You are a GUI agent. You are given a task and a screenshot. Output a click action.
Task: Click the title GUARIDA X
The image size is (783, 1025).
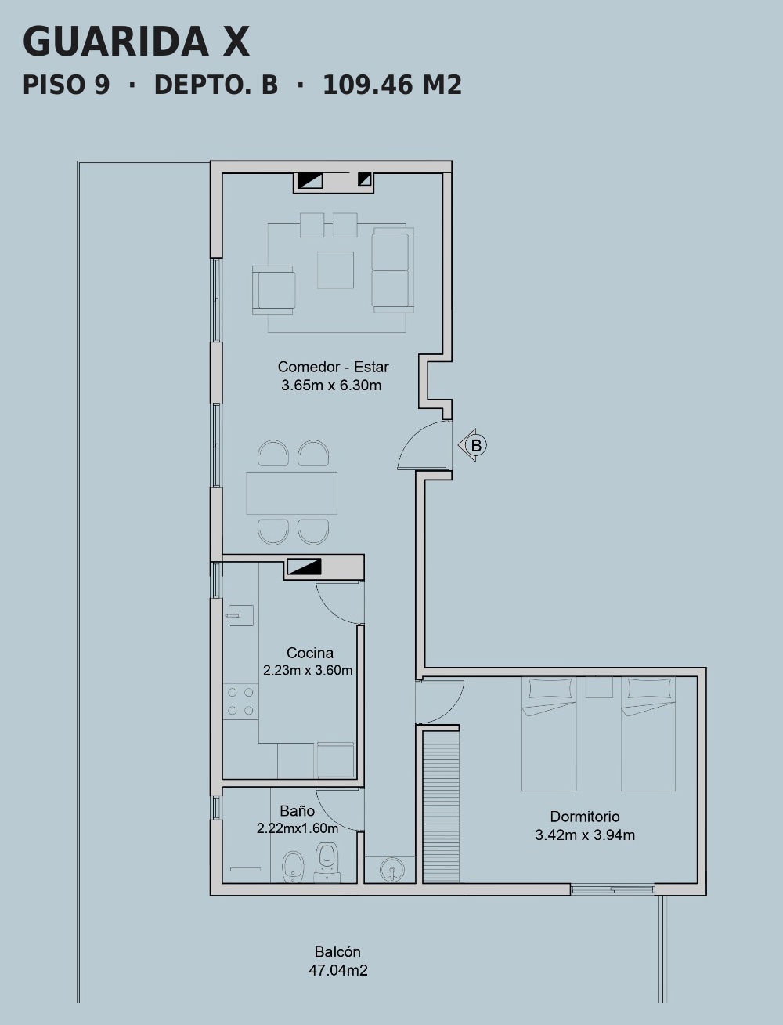[135, 42]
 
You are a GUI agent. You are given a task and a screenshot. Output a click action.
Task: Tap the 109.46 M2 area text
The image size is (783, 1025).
[392, 85]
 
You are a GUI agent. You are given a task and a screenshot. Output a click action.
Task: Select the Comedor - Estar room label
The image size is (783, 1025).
[334, 367]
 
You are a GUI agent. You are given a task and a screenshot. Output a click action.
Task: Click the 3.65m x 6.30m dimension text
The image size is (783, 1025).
[331, 386]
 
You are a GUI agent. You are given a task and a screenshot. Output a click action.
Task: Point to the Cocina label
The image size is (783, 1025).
[310, 652]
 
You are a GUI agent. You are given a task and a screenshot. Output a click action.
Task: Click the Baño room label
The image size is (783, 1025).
[298, 810]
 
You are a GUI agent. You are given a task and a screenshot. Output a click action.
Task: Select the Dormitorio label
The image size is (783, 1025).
[585, 817]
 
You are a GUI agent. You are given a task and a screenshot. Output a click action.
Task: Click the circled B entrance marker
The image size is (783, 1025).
[475, 445]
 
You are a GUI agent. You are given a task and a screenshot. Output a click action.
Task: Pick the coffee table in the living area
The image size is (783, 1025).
[335, 270]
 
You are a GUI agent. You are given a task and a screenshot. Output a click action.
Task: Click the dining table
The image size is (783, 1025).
[291, 493]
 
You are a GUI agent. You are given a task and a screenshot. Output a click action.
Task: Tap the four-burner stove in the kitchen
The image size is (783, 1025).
[241, 701]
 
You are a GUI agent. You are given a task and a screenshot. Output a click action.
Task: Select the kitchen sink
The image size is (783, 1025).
[240, 615]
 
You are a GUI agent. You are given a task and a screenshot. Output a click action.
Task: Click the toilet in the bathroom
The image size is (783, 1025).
[327, 861]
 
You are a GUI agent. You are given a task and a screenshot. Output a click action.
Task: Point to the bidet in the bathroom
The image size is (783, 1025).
[294, 867]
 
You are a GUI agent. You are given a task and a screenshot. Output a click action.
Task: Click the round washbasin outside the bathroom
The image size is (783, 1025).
[392, 869]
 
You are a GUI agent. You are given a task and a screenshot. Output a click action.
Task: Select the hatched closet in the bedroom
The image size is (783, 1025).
[441, 806]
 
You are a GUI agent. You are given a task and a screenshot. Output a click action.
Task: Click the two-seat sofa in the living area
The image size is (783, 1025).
[393, 270]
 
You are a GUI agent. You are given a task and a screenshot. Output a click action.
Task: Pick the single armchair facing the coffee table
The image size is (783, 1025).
[273, 290]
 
